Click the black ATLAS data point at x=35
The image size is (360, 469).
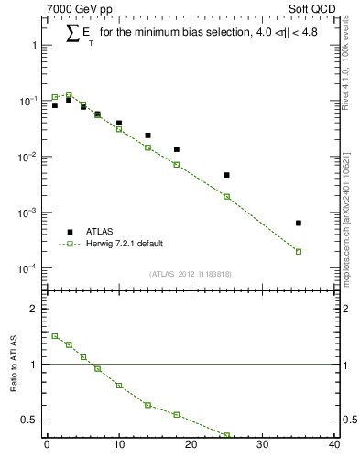[299, 223]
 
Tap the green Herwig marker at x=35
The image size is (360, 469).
[299, 251]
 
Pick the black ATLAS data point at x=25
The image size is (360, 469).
[226, 175]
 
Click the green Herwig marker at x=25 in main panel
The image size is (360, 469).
[226, 196]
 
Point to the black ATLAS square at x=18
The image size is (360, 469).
[176, 149]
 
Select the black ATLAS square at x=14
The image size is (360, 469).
[147, 136]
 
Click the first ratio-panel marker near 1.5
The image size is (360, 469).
[54, 336]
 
